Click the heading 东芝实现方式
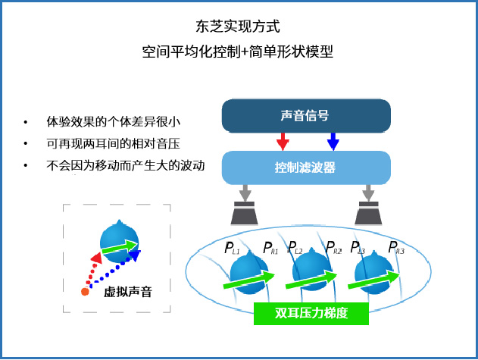[239, 27]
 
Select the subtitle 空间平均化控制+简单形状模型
[239, 52]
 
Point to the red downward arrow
[282, 141]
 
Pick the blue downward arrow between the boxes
[333, 141]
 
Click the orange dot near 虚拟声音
[85, 291]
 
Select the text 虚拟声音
[127, 291]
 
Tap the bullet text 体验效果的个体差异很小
[114, 121]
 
